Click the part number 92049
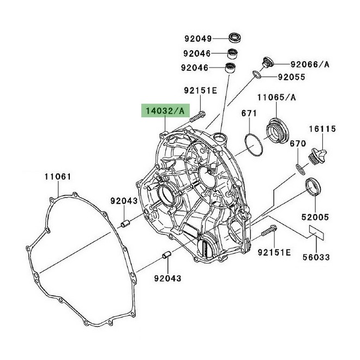click(197, 39)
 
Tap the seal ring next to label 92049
click(235, 38)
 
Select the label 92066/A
click(310, 64)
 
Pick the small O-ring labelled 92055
click(256, 73)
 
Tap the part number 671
click(249, 113)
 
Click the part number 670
click(297, 144)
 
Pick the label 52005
click(316, 217)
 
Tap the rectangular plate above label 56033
click(315, 232)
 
